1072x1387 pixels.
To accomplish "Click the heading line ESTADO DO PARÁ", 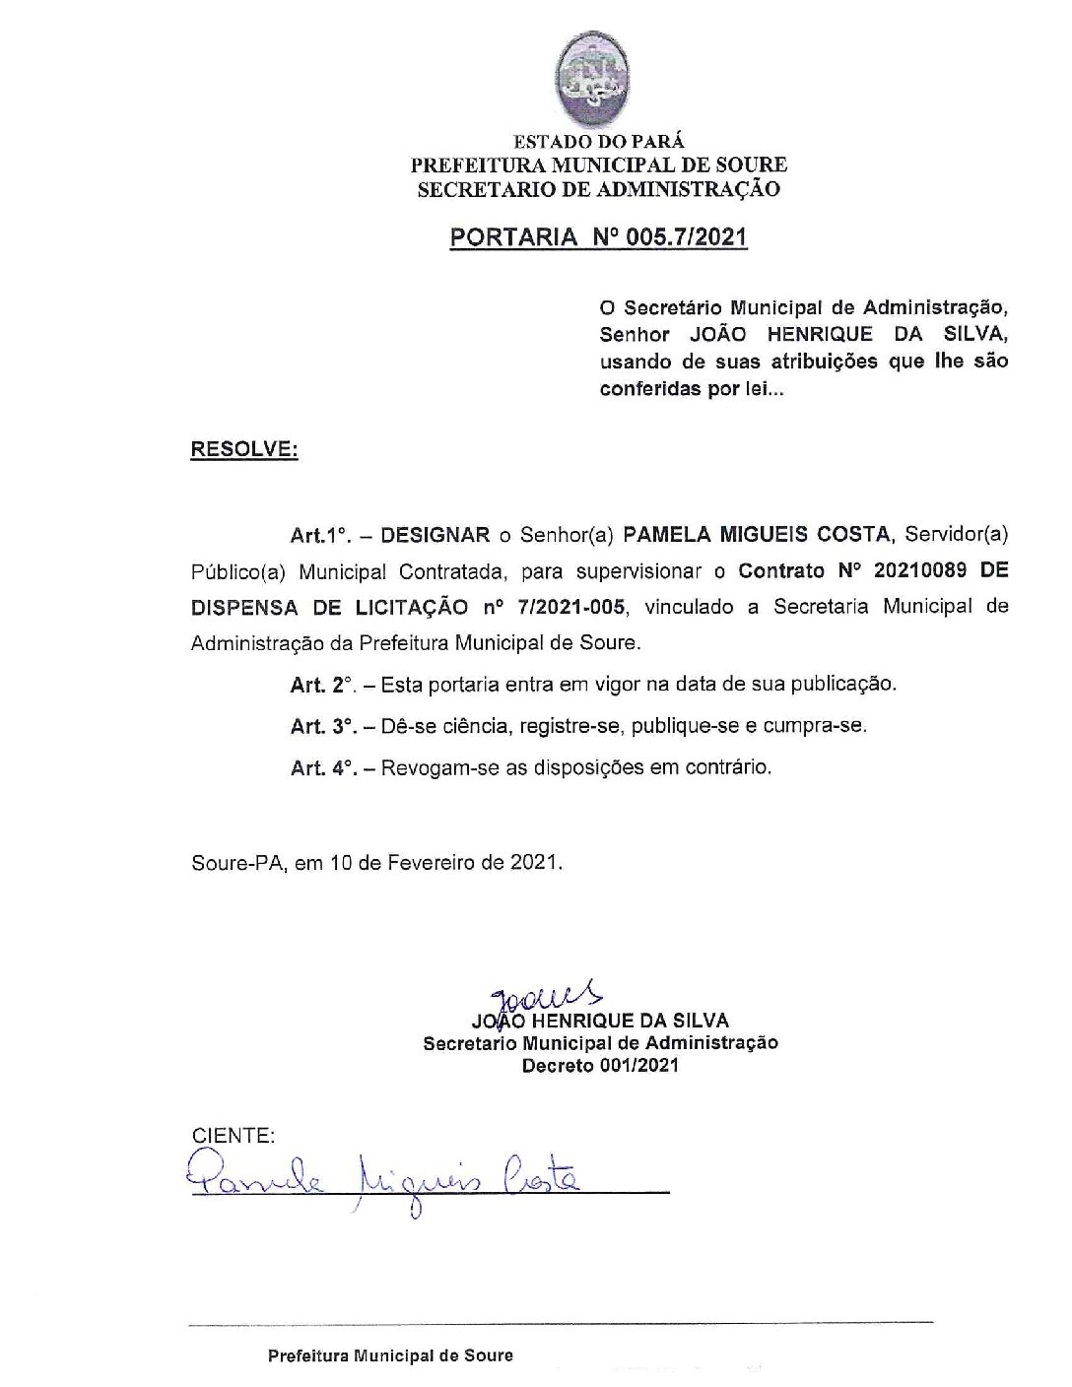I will pyautogui.click(x=598, y=142).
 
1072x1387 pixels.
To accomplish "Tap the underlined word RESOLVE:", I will pyautogui.click(x=243, y=449).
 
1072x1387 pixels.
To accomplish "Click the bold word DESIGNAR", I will pyautogui.click(x=435, y=535).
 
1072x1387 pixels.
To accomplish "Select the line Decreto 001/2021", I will pyautogui.click(x=599, y=1066).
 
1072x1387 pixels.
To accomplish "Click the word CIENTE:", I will pyautogui.click(x=233, y=1135).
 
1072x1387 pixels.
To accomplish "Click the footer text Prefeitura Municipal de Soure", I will pyautogui.click(x=390, y=1355).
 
